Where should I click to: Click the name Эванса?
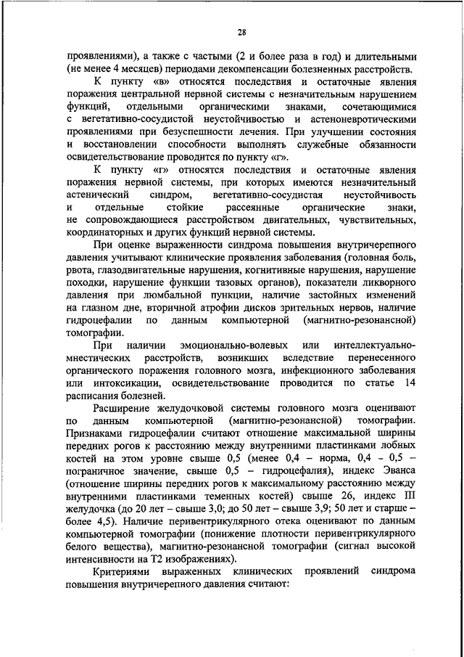coord(395,471)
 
